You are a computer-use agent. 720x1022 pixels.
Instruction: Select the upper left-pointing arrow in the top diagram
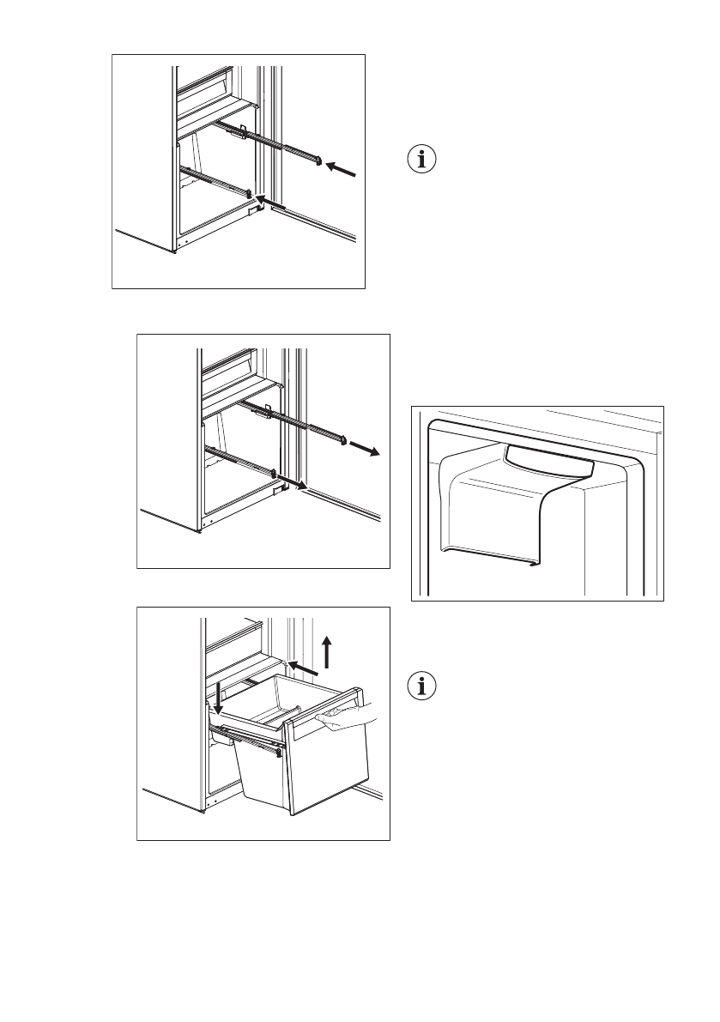[x=342, y=170]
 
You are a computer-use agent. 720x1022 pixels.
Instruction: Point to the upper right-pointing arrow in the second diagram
[x=365, y=449]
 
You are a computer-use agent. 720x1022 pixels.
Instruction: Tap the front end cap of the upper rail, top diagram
[x=319, y=160]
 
